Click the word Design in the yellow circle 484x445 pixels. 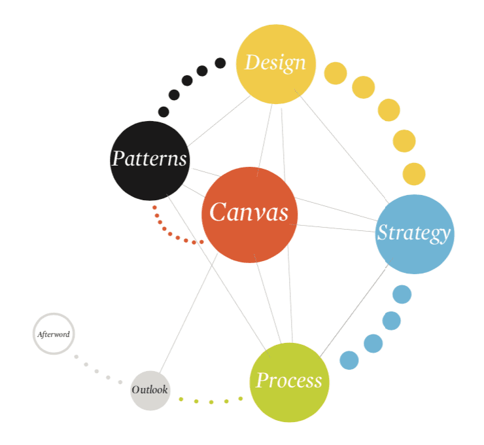(x=275, y=63)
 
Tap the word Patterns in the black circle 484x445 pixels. (x=150, y=159)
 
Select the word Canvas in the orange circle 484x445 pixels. (x=249, y=213)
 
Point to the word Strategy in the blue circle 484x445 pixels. (x=414, y=233)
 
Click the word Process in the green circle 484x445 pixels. (x=289, y=381)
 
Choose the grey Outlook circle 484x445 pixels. (x=150, y=390)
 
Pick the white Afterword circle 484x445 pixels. (x=54, y=334)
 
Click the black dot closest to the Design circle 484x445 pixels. (x=220, y=63)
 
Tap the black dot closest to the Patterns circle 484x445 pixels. (x=164, y=112)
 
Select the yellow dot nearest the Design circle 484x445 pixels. (x=336, y=73)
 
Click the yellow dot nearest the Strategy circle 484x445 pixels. (x=414, y=174)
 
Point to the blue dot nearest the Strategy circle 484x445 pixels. (x=402, y=294)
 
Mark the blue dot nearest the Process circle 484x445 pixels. (x=349, y=360)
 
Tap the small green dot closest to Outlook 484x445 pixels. (x=181, y=399)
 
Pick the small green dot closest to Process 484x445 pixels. (x=240, y=399)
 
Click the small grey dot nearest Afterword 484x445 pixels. (x=77, y=357)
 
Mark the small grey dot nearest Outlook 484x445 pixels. (x=120, y=382)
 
